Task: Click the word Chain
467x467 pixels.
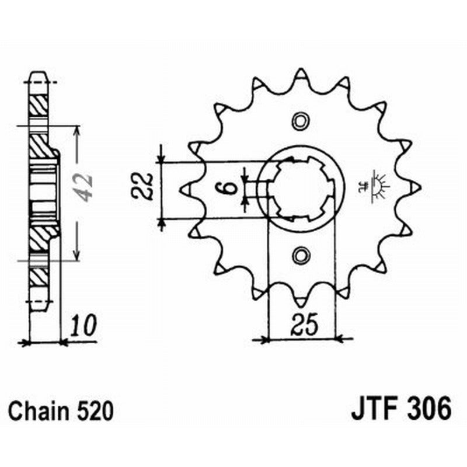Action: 40,410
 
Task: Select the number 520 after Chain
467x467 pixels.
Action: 94,410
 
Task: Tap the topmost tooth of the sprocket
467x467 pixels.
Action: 301,75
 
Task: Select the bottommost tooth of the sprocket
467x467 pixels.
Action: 301,301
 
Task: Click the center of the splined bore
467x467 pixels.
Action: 301,188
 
